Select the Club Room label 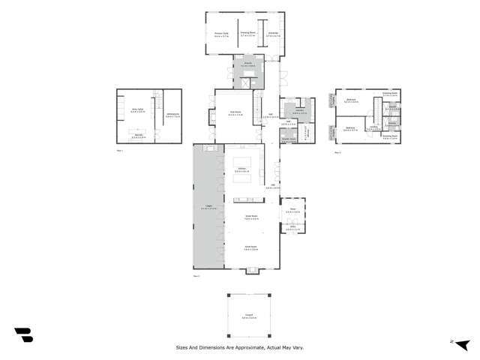tap(235, 113)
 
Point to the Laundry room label tap(297, 112)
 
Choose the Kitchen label tap(242, 169)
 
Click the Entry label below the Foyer tap(293, 228)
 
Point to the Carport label tap(248, 317)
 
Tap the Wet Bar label tap(139, 137)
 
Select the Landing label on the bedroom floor tap(373, 128)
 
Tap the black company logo tap(23, 335)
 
